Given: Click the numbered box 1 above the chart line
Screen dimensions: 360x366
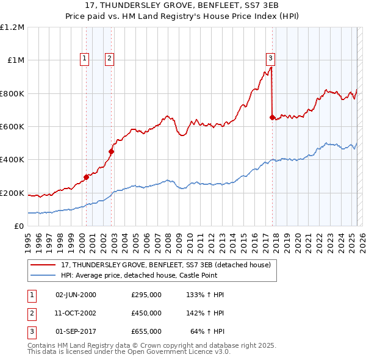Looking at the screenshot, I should click(84, 59).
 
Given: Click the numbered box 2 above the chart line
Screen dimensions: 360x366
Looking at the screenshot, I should click(109, 59).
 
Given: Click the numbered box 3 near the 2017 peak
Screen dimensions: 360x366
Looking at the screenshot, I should click(270, 59).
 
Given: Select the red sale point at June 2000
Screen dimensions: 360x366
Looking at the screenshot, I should click(87, 177).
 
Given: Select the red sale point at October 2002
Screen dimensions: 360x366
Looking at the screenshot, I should click(112, 151).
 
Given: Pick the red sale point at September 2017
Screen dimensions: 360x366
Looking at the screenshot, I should click(272, 118).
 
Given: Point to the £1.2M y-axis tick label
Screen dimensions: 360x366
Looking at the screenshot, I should click(12, 27).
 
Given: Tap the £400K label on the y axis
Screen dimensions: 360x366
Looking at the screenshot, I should click(12, 160).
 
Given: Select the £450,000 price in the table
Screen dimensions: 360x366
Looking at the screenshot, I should click(146, 312).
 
